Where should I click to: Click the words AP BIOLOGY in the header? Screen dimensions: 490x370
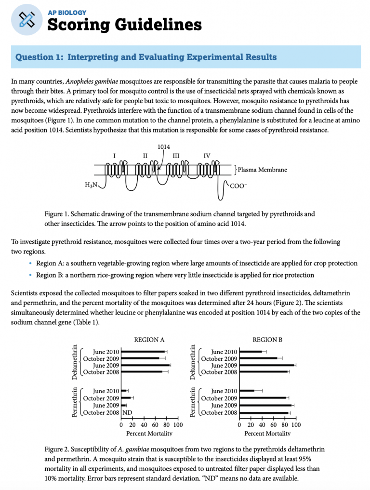(67, 12)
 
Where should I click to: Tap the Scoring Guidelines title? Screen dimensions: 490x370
(124, 25)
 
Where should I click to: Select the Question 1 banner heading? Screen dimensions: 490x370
(146, 57)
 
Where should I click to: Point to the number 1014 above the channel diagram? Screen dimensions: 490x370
(164, 146)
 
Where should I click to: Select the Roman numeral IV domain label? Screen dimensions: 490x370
(207, 156)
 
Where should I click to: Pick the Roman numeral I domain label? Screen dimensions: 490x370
(114, 156)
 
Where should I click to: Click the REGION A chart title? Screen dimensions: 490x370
(149, 340)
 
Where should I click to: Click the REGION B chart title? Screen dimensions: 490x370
(267, 340)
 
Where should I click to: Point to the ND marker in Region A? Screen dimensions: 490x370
(127, 413)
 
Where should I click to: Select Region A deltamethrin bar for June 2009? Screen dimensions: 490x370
(145, 365)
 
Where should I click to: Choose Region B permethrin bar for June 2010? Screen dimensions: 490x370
(247, 391)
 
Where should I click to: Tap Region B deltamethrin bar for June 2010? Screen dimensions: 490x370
(251, 352)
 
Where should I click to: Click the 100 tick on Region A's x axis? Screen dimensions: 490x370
(178, 425)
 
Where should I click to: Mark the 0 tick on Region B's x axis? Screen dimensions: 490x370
(239, 425)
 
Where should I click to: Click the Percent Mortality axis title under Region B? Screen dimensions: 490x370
(267, 433)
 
